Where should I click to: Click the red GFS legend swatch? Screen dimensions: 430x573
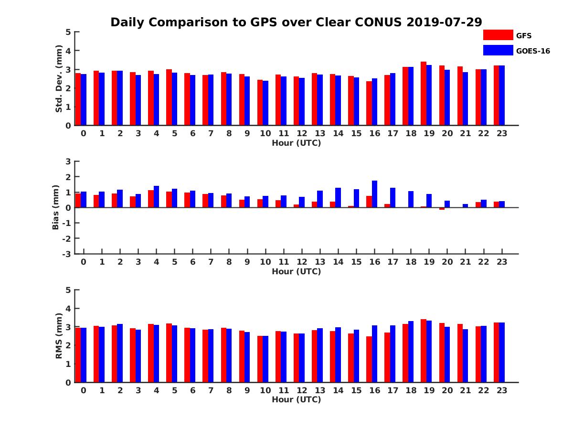[x=498, y=35]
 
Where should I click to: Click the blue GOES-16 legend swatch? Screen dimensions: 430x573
[x=498, y=50]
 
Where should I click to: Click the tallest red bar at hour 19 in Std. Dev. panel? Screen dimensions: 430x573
[x=424, y=94]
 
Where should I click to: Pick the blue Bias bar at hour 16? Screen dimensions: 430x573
[x=374, y=194]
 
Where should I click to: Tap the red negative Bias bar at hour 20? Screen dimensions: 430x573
[x=442, y=209]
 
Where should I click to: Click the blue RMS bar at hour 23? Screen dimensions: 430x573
[x=502, y=353]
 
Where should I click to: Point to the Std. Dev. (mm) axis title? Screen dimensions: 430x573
[x=59, y=79]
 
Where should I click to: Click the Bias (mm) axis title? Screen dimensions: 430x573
[x=56, y=207]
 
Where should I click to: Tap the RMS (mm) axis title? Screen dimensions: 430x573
[x=59, y=336]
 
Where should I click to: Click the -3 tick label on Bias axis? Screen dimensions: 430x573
[x=66, y=254]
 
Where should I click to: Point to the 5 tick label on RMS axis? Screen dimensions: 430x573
[x=68, y=290]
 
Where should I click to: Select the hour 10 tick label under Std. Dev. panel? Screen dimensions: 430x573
[x=265, y=134]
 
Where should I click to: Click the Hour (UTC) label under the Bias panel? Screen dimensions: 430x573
[x=296, y=271]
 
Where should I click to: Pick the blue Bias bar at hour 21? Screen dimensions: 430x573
[x=466, y=205]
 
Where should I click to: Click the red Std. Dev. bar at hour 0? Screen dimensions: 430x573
[x=78, y=99]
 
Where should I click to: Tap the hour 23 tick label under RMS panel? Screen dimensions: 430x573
[x=501, y=390]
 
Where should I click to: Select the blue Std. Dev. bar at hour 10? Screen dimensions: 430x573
[x=265, y=103]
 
